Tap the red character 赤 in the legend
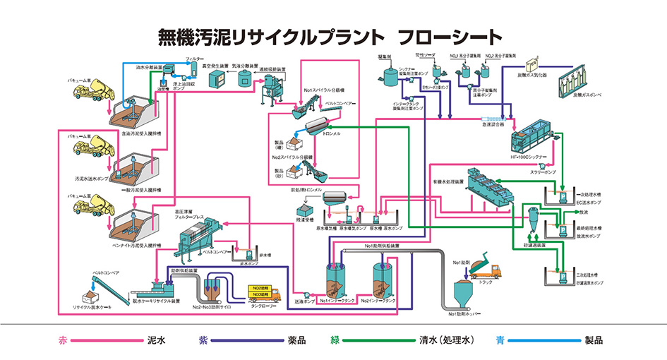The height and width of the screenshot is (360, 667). point(62,340)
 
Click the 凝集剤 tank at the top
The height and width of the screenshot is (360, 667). point(389,74)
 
